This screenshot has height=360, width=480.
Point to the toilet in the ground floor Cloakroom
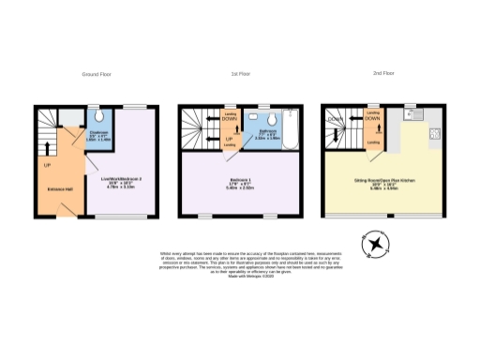point(99,119)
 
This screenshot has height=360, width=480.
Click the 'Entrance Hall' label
point(61,187)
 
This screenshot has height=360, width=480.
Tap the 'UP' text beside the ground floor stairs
point(46,165)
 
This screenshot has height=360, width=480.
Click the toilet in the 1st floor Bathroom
point(269,119)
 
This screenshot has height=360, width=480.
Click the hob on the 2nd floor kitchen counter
point(434,133)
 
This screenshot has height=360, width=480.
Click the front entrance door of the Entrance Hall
point(57,214)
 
